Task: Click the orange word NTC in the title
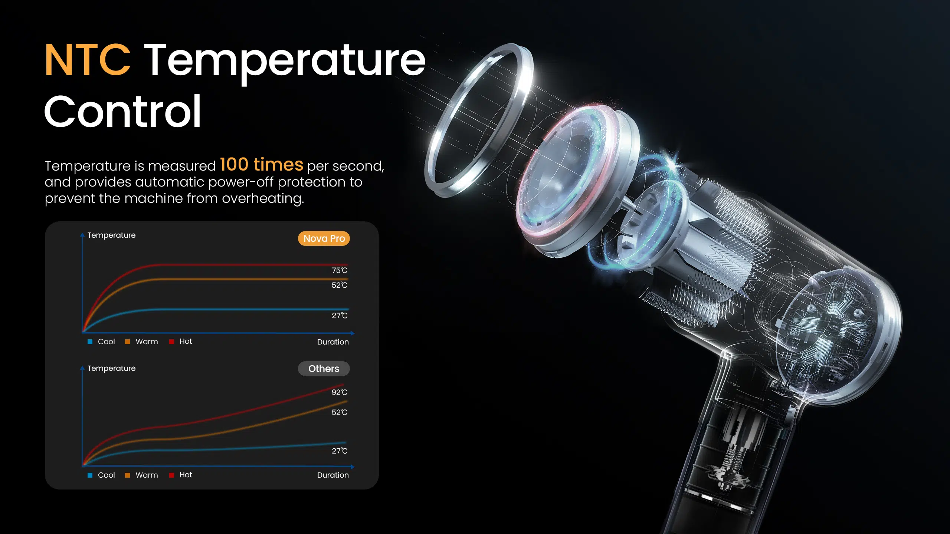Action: pyautogui.click(x=88, y=59)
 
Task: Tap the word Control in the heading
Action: pyautogui.click(x=123, y=111)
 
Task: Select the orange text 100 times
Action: pyautogui.click(x=262, y=164)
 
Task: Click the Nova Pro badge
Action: pyautogui.click(x=324, y=238)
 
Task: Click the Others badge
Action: pyautogui.click(x=324, y=369)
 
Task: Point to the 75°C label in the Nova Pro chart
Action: pyautogui.click(x=340, y=270)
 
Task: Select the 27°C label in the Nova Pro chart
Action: pyautogui.click(x=340, y=316)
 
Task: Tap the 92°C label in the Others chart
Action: pyautogui.click(x=340, y=392)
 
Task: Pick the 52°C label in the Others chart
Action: pyautogui.click(x=340, y=412)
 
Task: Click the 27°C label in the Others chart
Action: pyautogui.click(x=340, y=451)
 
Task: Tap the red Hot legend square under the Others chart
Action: pyautogui.click(x=171, y=475)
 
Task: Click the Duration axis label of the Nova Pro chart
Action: pyautogui.click(x=333, y=342)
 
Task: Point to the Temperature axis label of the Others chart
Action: pyautogui.click(x=111, y=368)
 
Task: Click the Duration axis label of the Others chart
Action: pyautogui.click(x=333, y=475)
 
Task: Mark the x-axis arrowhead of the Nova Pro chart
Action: pyautogui.click(x=353, y=333)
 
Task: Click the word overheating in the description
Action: pyautogui.click(x=263, y=199)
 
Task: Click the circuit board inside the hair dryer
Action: pyautogui.click(x=828, y=326)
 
